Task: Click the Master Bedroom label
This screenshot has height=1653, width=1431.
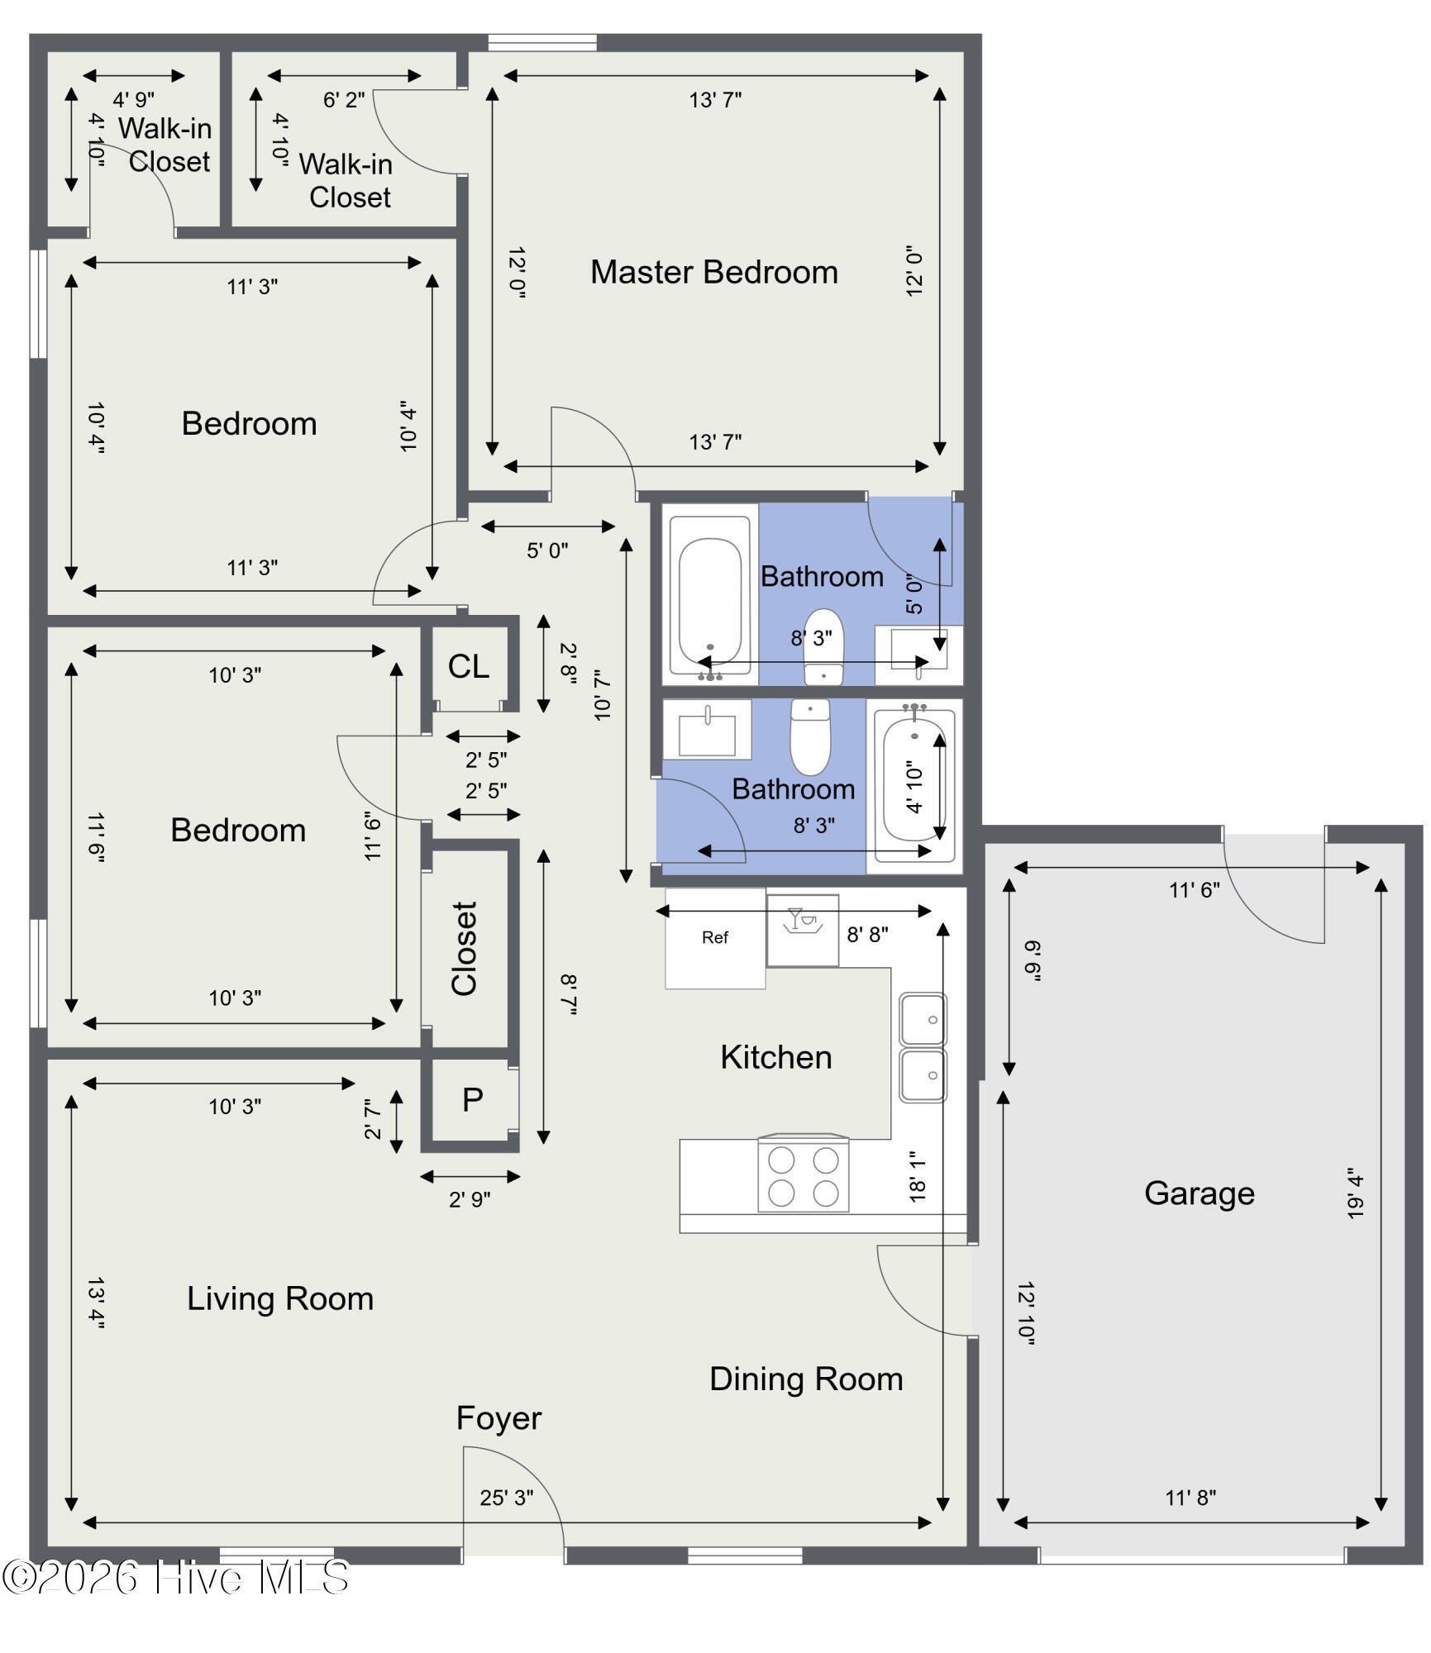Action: (x=714, y=272)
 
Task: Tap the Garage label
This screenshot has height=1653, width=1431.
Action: (x=1199, y=1193)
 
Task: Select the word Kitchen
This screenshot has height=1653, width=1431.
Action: (x=775, y=1057)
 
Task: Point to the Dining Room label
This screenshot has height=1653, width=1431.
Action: (x=806, y=1379)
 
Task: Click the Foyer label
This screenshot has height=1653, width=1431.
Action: (x=498, y=1418)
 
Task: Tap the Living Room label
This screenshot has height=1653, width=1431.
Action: (x=280, y=1298)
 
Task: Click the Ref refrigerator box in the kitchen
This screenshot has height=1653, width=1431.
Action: (x=715, y=938)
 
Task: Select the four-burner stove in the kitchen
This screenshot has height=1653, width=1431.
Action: (x=804, y=1174)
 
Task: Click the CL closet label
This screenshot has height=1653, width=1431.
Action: (x=469, y=666)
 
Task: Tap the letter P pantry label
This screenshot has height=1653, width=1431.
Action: (x=473, y=1100)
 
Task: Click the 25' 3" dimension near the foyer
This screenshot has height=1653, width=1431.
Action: (x=507, y=1498)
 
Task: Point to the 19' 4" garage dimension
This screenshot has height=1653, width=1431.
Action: (x=1354, y=1193)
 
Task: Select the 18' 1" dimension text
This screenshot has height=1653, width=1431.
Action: (x=917, y=1177)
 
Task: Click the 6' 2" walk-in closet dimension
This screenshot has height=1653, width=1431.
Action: (x=344, y=100)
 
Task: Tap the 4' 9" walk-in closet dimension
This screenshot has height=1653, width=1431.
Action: (x=134, y=100)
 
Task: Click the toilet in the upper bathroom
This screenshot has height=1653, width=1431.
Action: (x=823, y=647)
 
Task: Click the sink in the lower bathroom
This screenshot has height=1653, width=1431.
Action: (x=707, y=730)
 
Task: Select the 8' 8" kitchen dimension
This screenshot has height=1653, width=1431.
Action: (x=867, y=935)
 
